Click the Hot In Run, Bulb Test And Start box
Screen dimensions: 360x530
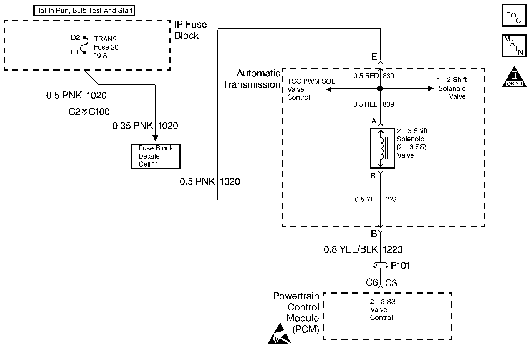(x=84, y=10)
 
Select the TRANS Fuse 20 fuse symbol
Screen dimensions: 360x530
(x=84, y=45)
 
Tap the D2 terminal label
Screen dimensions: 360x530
(x=75, y=38)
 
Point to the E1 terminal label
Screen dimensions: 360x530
(x=75, y=52)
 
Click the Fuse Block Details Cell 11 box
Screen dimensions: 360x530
(x=156, y=156)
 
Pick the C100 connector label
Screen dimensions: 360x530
(x=99, y=112)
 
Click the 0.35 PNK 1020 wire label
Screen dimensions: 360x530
(x=145, y=126)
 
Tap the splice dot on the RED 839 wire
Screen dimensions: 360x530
(x=380, y=89)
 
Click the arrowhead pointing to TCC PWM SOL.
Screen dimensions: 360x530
(x=328, y=89)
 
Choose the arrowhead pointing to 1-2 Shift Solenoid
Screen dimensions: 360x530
(x=431, y=89)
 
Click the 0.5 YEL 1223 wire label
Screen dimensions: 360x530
(x=376, y=199)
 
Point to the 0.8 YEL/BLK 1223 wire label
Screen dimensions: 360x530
(x=363, y=250)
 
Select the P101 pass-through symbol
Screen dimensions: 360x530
(x=380, y=265)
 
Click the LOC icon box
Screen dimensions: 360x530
(x=514, y=16)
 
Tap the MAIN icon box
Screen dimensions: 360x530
(x=514, y=46)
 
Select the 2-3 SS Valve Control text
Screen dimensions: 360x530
(x=382, y=310)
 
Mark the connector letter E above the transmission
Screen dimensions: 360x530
(x=374, y=57)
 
